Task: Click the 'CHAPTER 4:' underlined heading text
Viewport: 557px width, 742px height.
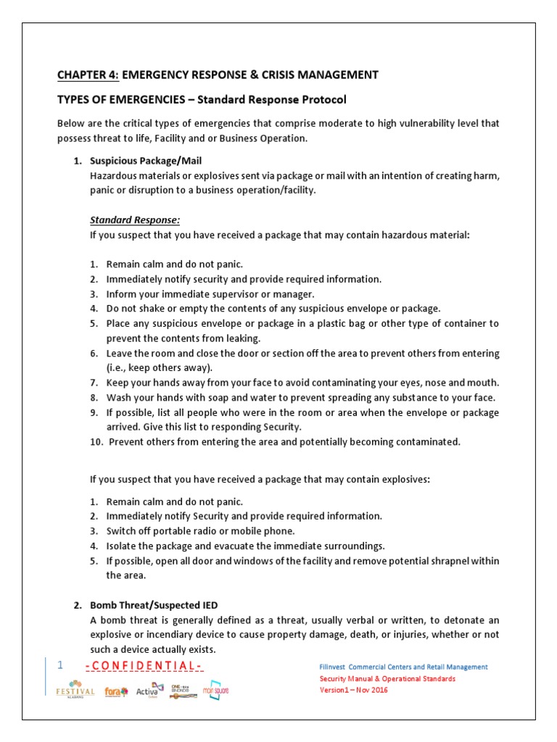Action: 87,75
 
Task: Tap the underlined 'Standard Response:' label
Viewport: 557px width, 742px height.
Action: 134,220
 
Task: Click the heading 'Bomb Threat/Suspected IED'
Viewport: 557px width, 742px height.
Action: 153,604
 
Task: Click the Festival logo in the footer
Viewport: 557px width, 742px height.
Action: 75,689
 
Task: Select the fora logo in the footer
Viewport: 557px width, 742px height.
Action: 116,691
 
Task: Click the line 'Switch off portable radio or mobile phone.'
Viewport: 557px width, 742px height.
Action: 200,530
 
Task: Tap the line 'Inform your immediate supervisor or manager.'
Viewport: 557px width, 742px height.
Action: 210,294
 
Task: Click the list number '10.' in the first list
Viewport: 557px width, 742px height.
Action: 97,442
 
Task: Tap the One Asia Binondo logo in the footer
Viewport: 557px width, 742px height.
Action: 181,689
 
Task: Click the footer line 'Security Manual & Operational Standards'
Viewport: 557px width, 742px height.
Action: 388,678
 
